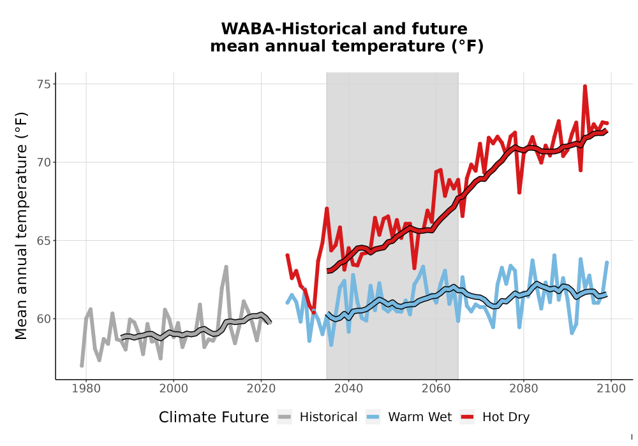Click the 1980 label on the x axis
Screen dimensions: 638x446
[x=86, y=389]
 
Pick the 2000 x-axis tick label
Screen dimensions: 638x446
[x=174, y=389]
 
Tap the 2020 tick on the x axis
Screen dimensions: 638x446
[x=261, y=389]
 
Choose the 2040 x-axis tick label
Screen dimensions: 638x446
[x=349, y=389]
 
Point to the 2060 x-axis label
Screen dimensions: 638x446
[x=436, y=389]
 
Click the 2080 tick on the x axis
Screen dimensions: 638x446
[x=524, y=389]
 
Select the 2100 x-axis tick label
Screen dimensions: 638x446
[x=611, y=389]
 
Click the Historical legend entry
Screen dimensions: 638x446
[x=317, y=417]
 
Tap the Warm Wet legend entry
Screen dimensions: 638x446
[x=408, y=417]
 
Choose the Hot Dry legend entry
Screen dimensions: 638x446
[x=495, y=417]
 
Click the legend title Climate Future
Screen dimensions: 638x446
[x=214, y=417]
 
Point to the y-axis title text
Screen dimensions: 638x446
[x=21, y=226]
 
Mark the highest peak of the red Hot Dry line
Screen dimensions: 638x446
[x=584, y=86]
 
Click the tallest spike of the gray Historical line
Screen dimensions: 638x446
[x=226, y=267]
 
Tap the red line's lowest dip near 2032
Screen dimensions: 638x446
[x=314, y=312]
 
